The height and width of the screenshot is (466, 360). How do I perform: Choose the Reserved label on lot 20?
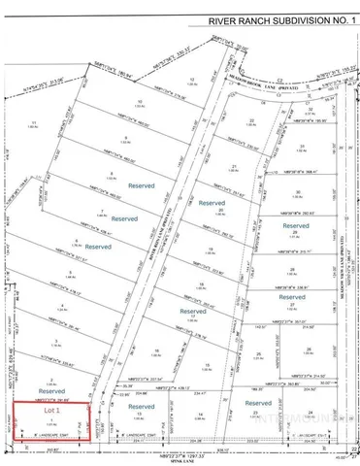(x=212, y=205)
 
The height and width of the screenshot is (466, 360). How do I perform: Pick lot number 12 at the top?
(x=193, y=80)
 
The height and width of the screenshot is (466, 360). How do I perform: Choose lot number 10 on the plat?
(x=141, y=101)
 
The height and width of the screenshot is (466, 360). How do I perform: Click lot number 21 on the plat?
(x=236, y=167)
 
